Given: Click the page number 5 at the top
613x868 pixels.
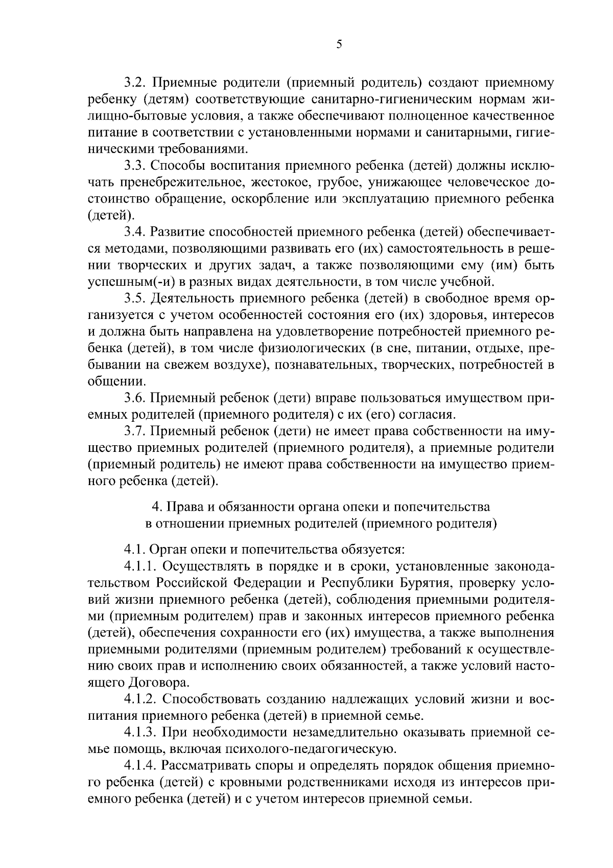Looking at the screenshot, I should [339, 44].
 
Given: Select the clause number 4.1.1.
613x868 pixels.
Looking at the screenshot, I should [141, 566].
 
